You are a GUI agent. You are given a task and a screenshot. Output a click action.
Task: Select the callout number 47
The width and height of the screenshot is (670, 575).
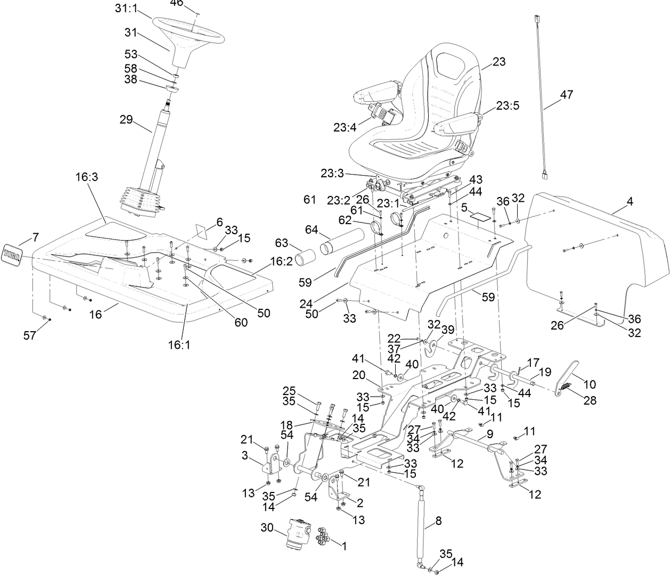(566, 95)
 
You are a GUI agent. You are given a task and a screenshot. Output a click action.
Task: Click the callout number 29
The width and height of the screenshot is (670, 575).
(126, 119)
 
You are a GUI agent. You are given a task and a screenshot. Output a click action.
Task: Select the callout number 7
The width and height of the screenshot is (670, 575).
(35, 236)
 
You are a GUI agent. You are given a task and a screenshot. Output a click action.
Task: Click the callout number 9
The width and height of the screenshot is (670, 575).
(489, 434)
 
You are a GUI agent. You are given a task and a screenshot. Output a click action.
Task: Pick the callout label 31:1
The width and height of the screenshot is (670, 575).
(126, 9)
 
